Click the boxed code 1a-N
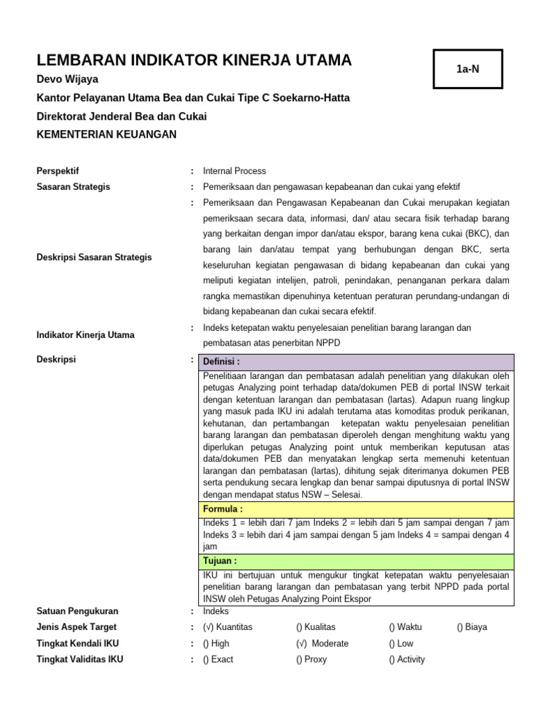coord(467,69)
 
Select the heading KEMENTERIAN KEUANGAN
coord(106,134)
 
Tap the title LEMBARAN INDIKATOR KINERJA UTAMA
coord(194,60)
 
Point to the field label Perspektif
coord(58,170)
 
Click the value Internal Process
coord(234,170)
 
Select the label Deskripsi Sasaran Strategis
coord(94,257)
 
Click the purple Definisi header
coord(356,362)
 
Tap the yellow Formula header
coord(356,509)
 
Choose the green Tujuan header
coord(356,560)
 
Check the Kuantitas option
coord(228,626)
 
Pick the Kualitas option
coord(321,626)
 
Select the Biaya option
coord(472,626)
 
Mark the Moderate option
coord(323,643)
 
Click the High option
coord(216,643)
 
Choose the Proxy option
coord(311,659)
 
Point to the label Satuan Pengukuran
coord(77,611)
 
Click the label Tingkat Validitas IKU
coord(79,659)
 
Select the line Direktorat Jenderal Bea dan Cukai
coord(122,116)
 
